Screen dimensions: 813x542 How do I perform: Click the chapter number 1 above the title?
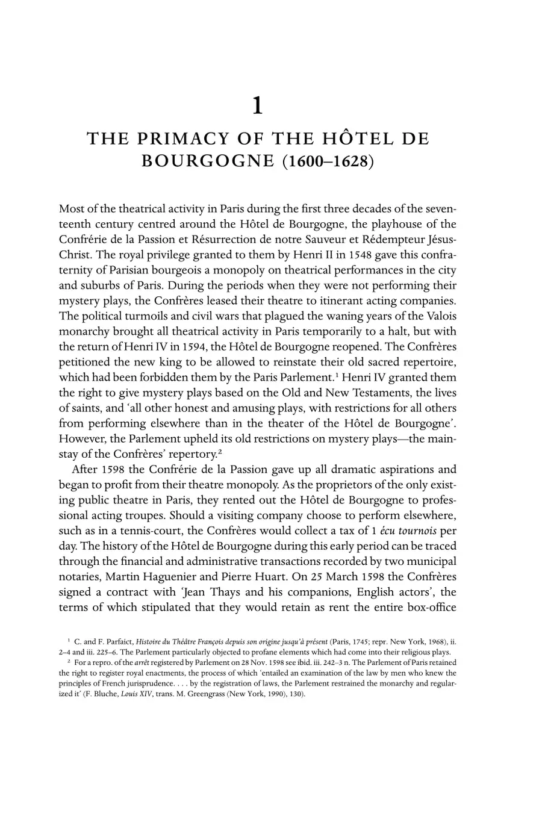[x=257, y=106]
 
